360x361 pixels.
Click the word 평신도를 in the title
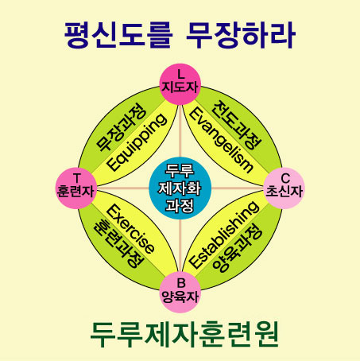118,35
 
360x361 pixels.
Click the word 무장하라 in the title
241,35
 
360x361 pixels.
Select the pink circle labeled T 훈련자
76,188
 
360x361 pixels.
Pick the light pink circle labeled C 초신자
284,188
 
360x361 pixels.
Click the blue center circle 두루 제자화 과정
180,188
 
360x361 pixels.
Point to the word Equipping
137,142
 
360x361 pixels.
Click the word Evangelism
221,141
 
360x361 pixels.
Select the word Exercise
130,229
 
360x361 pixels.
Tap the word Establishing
225,235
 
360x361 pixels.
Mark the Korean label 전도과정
237,125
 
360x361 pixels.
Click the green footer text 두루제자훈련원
184,334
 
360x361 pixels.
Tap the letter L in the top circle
180,74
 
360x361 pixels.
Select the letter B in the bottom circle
181,283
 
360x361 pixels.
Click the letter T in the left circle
77,178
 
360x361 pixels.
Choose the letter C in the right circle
285,178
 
